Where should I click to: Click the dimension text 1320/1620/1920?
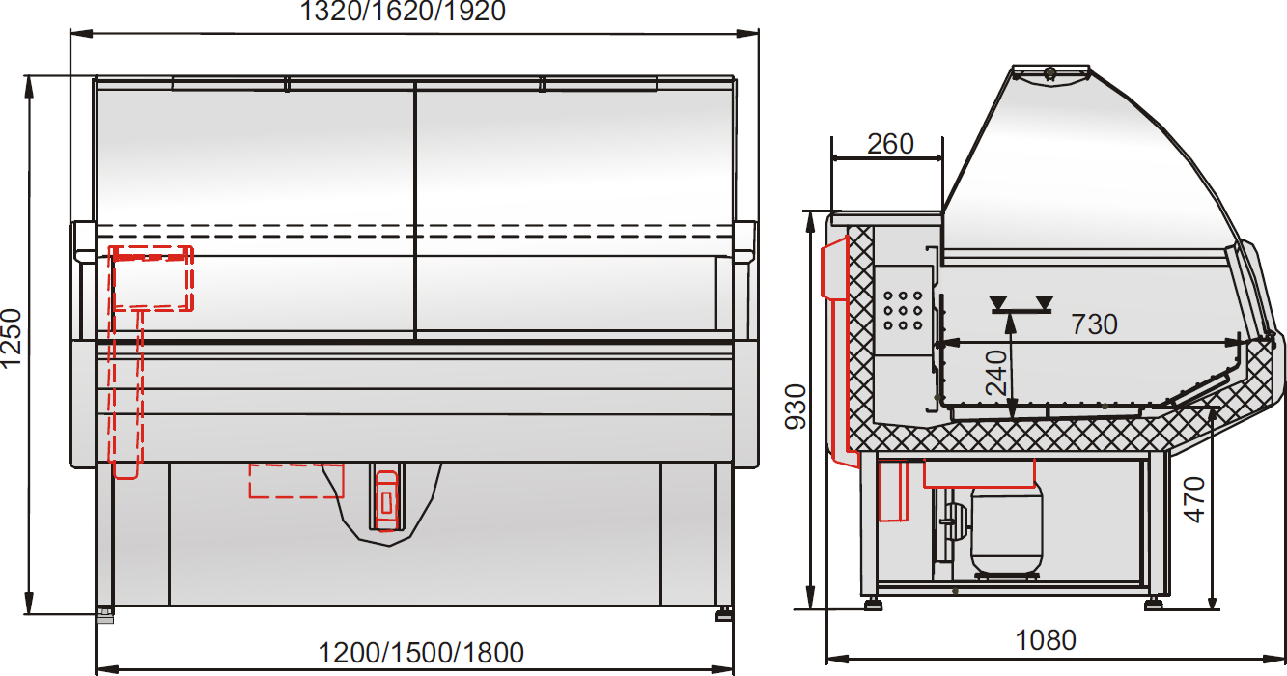(404, 12)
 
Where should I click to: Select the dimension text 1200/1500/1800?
(422, 653)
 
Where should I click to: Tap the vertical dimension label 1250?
(12, 339)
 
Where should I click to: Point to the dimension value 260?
(889, 144)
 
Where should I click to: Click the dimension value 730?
(1094, 324)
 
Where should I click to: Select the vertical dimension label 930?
(795, 408)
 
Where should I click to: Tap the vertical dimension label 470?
(1195, 499)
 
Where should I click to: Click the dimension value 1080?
(1046, 640)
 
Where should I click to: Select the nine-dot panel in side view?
(903, 311)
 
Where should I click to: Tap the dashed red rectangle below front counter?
(296, 480)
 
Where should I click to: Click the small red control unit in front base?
(386, 499)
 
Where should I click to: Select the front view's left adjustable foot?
(104, 613)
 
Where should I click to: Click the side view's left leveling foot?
(873, 604)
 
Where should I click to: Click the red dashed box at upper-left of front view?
(153, 278)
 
